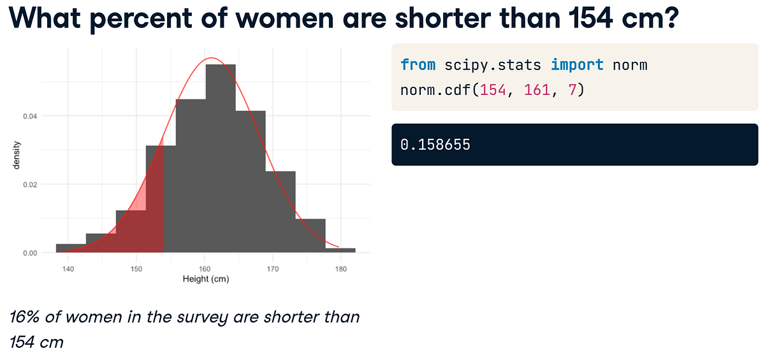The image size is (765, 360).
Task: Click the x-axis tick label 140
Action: (x=68, y=269)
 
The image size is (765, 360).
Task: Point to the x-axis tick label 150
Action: (x=136, y=269)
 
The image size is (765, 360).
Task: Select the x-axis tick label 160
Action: (x=205, y=269)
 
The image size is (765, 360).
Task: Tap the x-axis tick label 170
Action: (x=273, y=269)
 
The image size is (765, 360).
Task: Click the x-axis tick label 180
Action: (x=341, y=269)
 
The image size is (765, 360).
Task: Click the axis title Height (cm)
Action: (x=205, y=279)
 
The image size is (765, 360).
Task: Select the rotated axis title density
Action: (x=17, y=155)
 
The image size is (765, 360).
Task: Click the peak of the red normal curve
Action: (x=212, y=59)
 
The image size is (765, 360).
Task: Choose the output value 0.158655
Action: (x=435, y=145)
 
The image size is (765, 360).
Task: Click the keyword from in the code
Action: (x=418, y=65)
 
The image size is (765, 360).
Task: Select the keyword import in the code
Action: (x=577, y=65)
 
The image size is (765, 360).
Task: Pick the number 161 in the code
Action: (x=536, y=90)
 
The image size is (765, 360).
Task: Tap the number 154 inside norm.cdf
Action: (x=493, y=90)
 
